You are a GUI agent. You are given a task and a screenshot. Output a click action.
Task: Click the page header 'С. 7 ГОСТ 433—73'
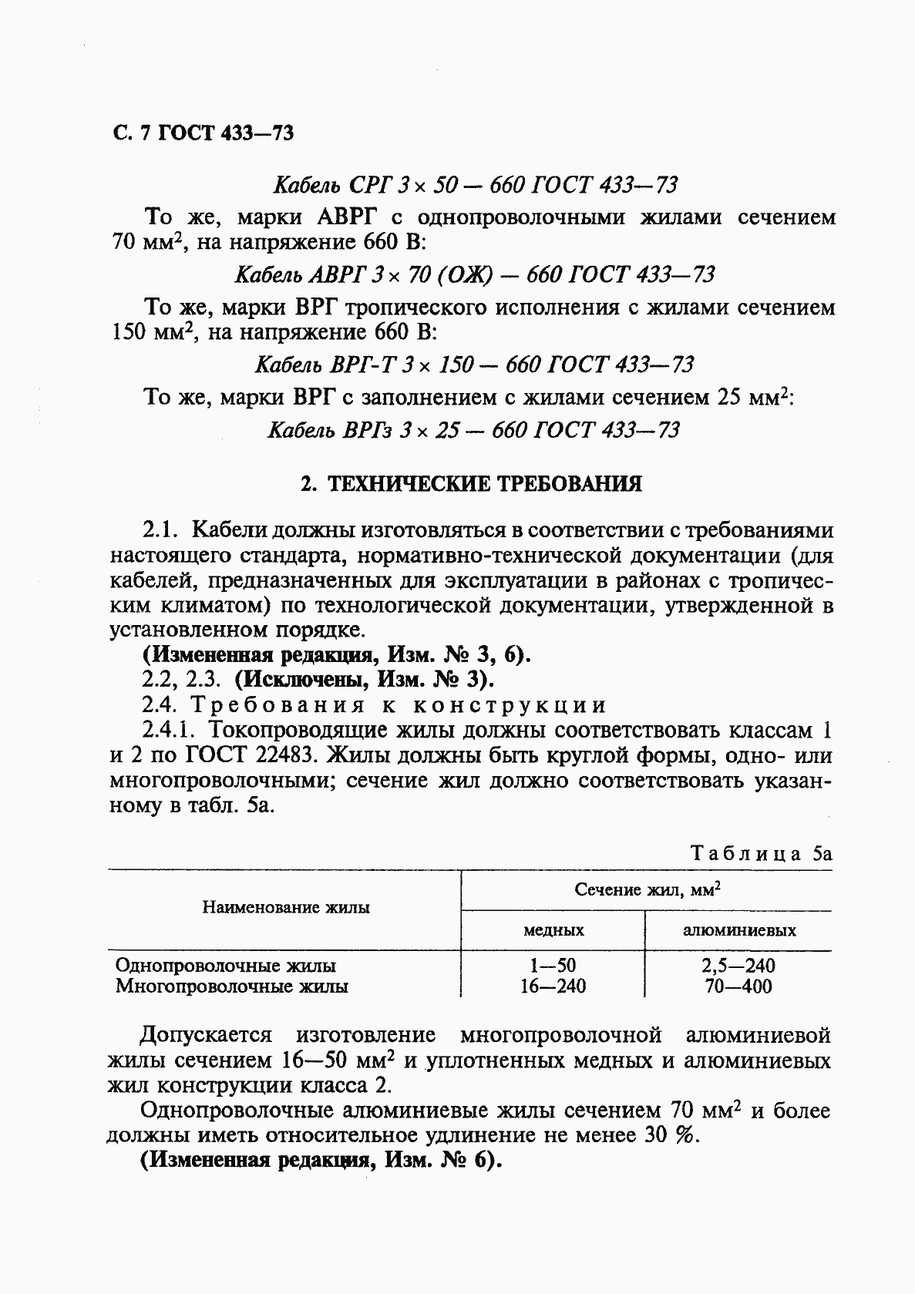pyautogui.click(x=203, y=133)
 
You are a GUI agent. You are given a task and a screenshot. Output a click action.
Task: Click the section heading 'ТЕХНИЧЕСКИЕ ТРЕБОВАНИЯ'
pyautogui.click(x=485, y=484)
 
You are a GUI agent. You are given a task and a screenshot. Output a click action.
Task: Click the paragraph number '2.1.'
pyautogui.click(x=161, y=530)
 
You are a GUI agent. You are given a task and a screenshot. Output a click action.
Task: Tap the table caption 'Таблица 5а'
pyautogui.click(x=761, y=854)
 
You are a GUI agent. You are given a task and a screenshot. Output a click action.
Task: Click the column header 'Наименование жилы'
pyautogui.click(x=286, y=908)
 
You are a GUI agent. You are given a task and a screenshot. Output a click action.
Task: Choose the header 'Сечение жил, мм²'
pyautogui.click(x=647, y=889)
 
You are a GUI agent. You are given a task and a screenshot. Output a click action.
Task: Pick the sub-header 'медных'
pyautogui.click(x=553, y=930)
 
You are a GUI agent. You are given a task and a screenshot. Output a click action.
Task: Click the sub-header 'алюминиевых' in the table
pyautogui.click(x=739, y=930)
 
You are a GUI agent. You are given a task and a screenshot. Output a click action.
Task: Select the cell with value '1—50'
pyautogui.click(x=553, y=966)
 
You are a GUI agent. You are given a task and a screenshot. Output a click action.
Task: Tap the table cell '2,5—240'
pyautogui.click(x=738, y=966)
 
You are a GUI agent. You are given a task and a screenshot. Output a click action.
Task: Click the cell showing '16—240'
pyautogui.click(x=553, y=986)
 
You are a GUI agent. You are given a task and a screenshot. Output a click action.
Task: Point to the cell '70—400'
pyautogui.click(x=738, y=986)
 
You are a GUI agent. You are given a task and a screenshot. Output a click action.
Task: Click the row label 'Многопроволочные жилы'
pyautogui.click(x=231, y=986)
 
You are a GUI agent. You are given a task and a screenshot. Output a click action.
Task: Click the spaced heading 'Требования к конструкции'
pyautogui.click(x=399, y=705)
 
